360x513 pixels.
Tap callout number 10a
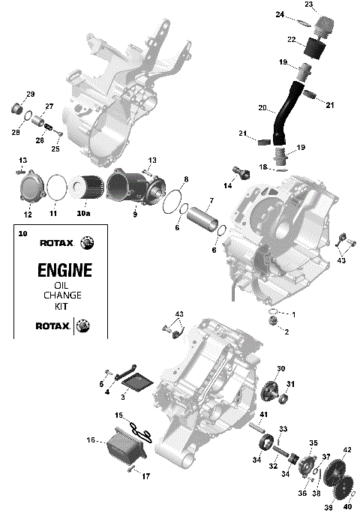84,214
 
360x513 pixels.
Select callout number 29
31,94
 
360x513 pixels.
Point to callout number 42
346,450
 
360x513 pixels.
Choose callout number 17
146,475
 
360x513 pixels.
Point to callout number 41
263,414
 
